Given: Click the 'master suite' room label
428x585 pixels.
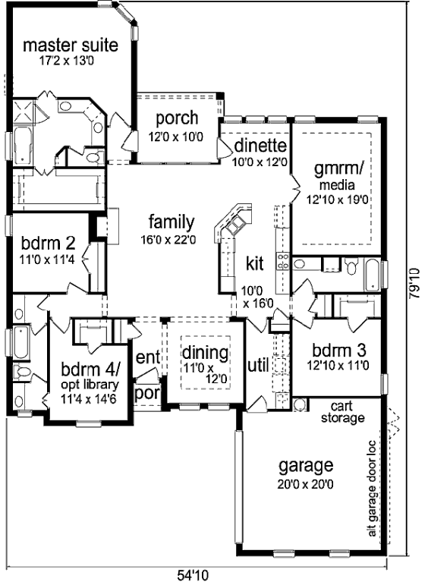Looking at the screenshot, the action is (71, 45).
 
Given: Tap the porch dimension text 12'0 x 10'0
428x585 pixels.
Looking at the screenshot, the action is (176, 137).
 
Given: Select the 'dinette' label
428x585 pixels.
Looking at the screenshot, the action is (260, 146).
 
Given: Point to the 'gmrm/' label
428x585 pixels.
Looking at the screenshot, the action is (338, 169).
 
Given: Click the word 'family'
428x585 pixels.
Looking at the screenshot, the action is (172, 222).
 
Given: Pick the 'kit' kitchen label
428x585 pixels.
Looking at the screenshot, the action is (255, 263).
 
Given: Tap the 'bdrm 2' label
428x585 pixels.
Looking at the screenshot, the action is (48, 244).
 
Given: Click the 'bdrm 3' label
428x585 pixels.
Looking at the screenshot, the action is (338, 351).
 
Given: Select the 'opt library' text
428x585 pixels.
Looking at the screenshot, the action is (90, 384).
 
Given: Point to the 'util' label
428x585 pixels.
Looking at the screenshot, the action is (258, 366).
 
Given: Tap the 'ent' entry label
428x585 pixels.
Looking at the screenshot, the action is (148, 357).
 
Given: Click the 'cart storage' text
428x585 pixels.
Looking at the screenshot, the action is (342, 412).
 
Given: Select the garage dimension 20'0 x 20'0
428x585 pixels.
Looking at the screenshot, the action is (305, 484).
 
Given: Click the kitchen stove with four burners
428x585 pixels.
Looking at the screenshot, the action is (282, 261).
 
